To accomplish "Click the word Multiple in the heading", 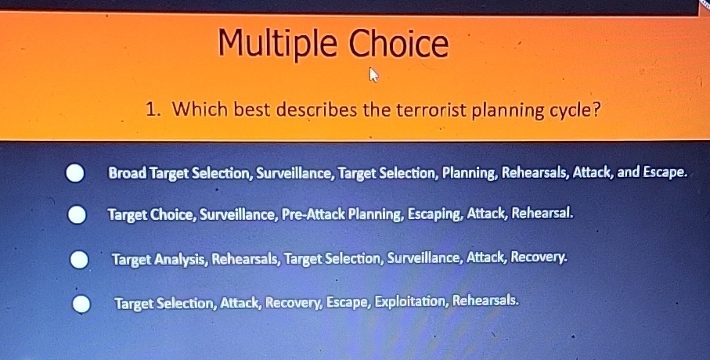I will (277, 44).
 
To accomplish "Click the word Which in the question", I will (196, 110).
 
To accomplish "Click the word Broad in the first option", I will (128, 172).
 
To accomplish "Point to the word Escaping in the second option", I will (434, 212).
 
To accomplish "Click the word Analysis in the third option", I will (179, 257).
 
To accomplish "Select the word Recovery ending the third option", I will (539, 256).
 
